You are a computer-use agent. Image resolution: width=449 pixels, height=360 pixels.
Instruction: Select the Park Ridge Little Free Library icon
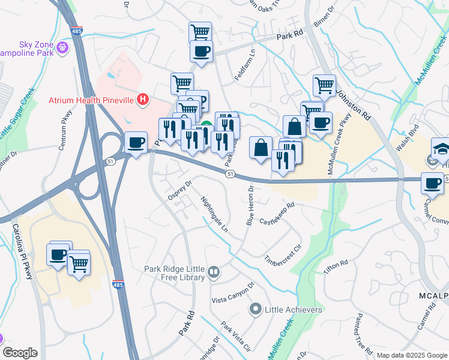click(213, 274)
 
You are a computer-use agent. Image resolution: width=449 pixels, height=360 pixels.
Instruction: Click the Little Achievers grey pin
click(255, 310)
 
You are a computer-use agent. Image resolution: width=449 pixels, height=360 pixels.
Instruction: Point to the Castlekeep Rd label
click(277, 213)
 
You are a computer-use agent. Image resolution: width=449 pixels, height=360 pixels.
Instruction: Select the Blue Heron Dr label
click(251, 205)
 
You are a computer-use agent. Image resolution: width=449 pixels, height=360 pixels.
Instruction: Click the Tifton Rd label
click(336, 268)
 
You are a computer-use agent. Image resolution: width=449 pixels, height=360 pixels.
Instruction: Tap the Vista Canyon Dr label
click(233, 295)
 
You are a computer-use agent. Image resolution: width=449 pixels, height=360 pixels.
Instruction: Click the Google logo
click(20, 353)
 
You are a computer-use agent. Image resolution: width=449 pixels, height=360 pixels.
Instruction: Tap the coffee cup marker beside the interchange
click(136, 143)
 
